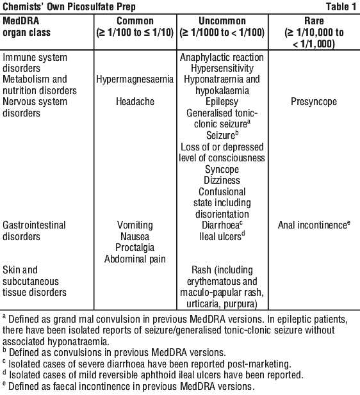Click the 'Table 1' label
[x=341, y=6]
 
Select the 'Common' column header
[x=135, y=21]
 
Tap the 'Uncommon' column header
[x=222, y=21]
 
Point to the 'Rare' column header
[x=314, y=21]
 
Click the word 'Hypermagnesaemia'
[x=135, y=79]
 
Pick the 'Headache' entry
[x=135, y=102]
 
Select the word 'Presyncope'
[x=314, y=102]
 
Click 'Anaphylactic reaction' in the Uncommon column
[x=222, y=58]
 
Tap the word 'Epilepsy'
[x=222, y=102]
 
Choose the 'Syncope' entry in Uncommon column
[x=222, y=170]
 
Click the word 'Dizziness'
[x=222, y=181]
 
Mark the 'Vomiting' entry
[x=135, y=225]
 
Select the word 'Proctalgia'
[x=135, y=248]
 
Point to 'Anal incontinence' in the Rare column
[x=313, y=225]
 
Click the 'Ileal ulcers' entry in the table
[x=220, y=236]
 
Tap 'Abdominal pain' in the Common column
[x=135, y=259]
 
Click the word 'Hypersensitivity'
[x=222, y=69]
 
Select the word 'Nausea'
[x=135, y=236]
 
